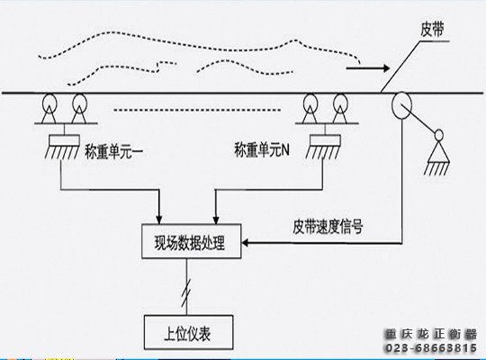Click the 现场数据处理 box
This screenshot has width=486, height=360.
[191, 241]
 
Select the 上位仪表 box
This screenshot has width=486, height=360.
[190, 330]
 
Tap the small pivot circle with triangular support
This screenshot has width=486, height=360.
[439, 137]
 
